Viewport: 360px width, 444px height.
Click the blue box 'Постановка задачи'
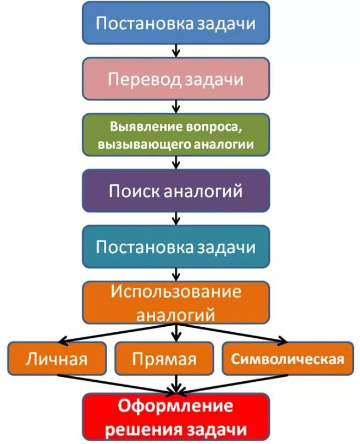pyautogui.click(x=176, y=23)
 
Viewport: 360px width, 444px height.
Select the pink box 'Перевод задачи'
pyautogui.click(x=176, y=79)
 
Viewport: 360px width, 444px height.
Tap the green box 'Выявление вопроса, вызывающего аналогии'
pyautogui.click(x=176, y=135)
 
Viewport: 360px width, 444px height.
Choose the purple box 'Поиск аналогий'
pyautogui.click(x=176, y=190)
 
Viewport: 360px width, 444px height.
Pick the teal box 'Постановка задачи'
pyautogui.click(x=176, y=246)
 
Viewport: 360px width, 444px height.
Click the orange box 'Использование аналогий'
pyautogui.click(x=176, y=303)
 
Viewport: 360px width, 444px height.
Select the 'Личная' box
pyautogui.click(x=57, y=359)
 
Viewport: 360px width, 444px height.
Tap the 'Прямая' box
pyautogui.click(x=164, y=359)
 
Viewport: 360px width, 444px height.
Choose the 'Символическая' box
pyautogui.click(x=287, y=359)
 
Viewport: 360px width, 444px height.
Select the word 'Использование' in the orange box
pyautogui.click(x=176, y=292)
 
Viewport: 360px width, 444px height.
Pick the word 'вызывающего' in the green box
pyautogui.click(x=145, y=145)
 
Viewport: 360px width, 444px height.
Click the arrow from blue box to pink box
pyautogui.click(x=176, y=51)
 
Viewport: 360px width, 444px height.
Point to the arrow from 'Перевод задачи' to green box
pyautogui.click(x=176, y=106)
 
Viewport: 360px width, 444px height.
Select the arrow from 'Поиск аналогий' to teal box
pyautogui.click(x=176, y=218)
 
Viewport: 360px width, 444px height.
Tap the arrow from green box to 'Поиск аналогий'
pyautogui.click(x=176, y=162)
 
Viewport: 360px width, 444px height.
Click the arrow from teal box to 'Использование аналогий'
pyautogui.click(x=176, y=274)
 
